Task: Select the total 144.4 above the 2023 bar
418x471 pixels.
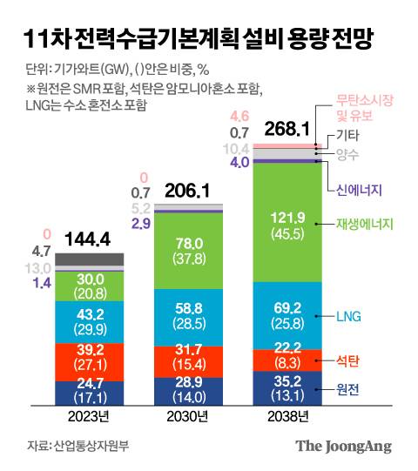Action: pyautogui.click(x=89, y=238)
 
